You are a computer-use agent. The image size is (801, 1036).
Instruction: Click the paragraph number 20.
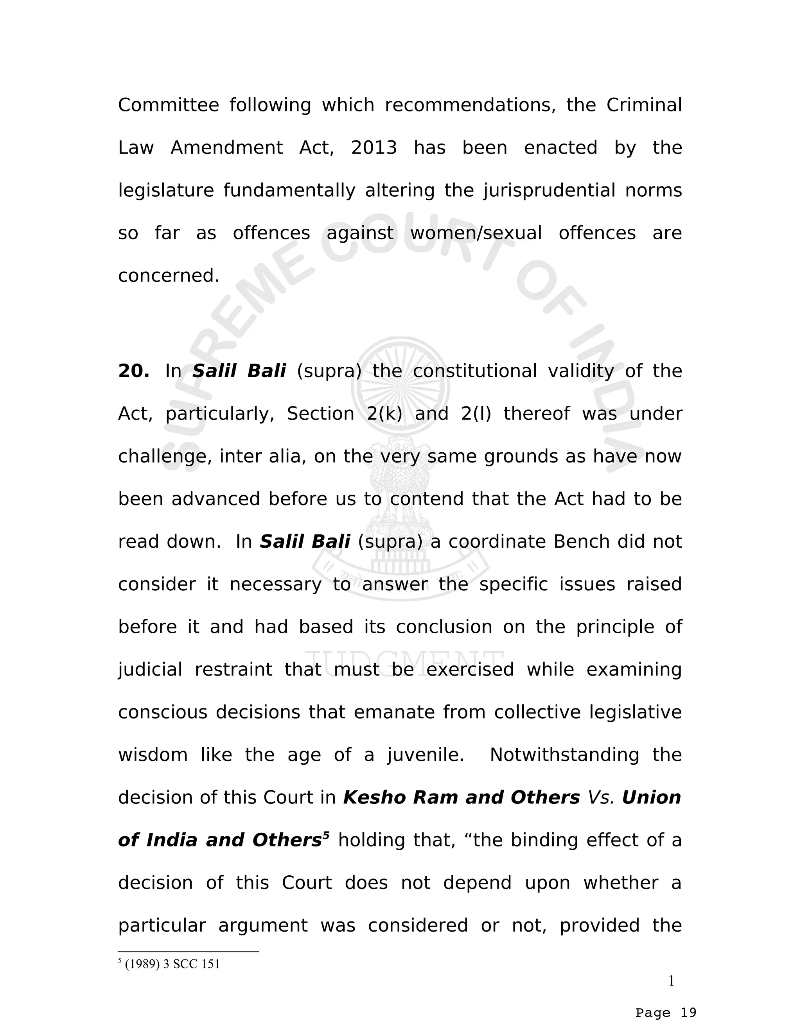point(133,371)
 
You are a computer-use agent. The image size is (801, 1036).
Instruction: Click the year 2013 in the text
point(374,148)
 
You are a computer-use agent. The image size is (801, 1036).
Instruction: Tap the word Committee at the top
point(169,105)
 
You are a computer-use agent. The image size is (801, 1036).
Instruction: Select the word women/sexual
point(476,233)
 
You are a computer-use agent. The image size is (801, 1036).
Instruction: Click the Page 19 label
point(666,1013)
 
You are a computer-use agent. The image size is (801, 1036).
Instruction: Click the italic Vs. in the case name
point(601,798)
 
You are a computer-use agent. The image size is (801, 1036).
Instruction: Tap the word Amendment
point(226,148)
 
